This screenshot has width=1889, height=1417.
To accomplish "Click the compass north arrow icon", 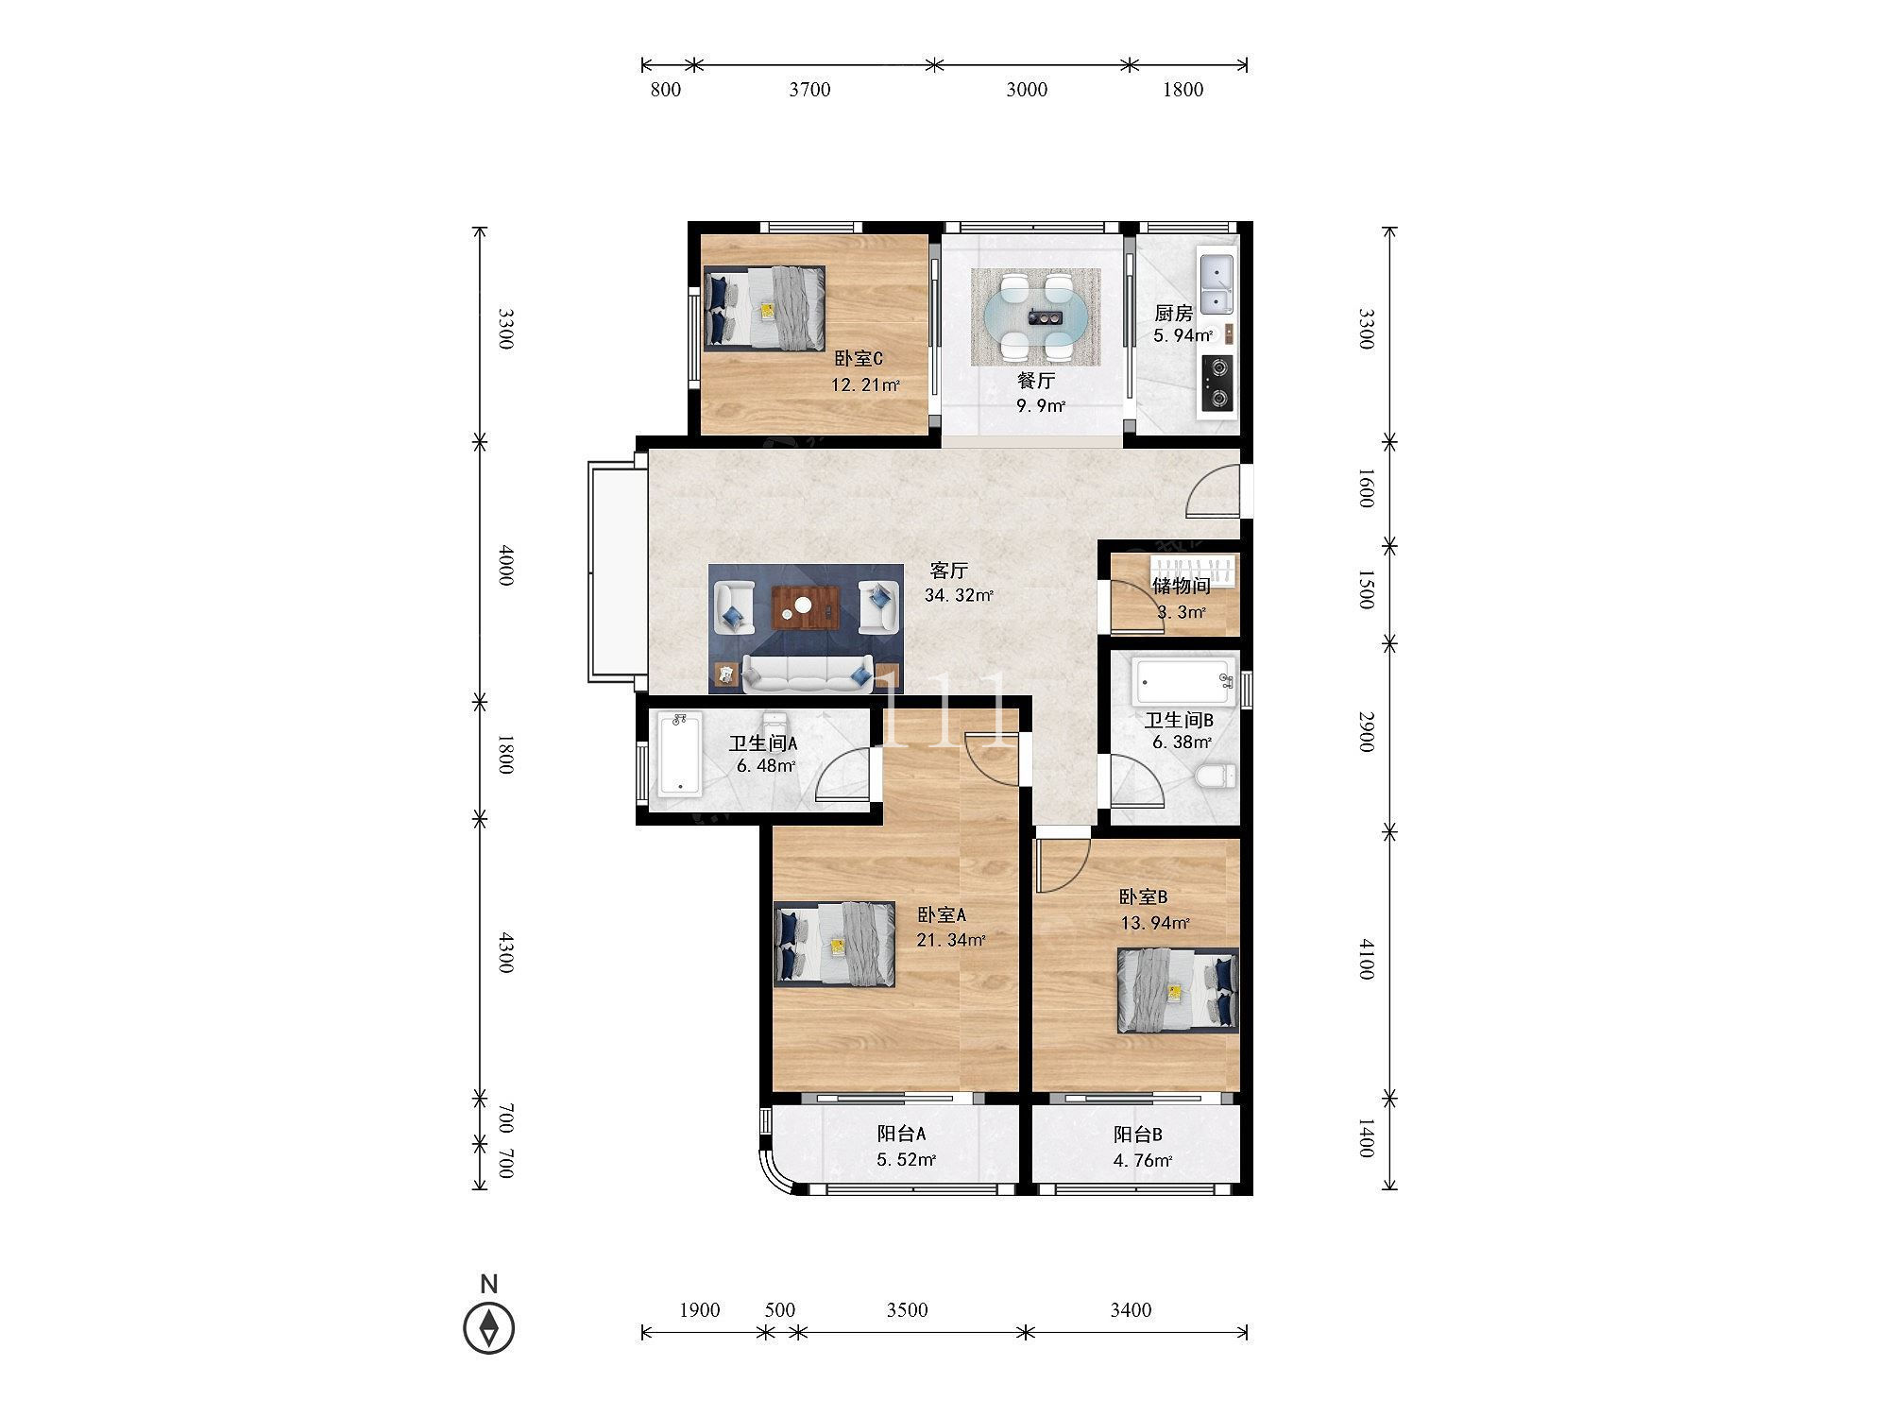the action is (x=488, y=1327).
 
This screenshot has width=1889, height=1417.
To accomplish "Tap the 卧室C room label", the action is (x=859, y=359).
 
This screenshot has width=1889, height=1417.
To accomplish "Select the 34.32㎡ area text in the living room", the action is (x=959, y=595).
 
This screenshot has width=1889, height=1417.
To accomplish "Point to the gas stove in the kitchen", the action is (x=1217, y=384).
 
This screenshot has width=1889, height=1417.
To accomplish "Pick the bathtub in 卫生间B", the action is (x=1184, y=682).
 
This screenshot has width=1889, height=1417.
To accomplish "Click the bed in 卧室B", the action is (x=1178, y=990).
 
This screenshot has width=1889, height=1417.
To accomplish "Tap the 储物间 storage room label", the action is (x=1181, y=586).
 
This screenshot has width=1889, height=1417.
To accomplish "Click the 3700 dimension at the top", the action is (x=809, y=90).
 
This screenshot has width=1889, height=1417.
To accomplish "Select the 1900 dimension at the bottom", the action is (x=700, y=1310).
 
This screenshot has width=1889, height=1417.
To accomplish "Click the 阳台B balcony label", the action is (x=1137, y=1135).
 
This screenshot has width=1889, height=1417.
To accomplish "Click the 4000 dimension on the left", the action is (x=505, y=565).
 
